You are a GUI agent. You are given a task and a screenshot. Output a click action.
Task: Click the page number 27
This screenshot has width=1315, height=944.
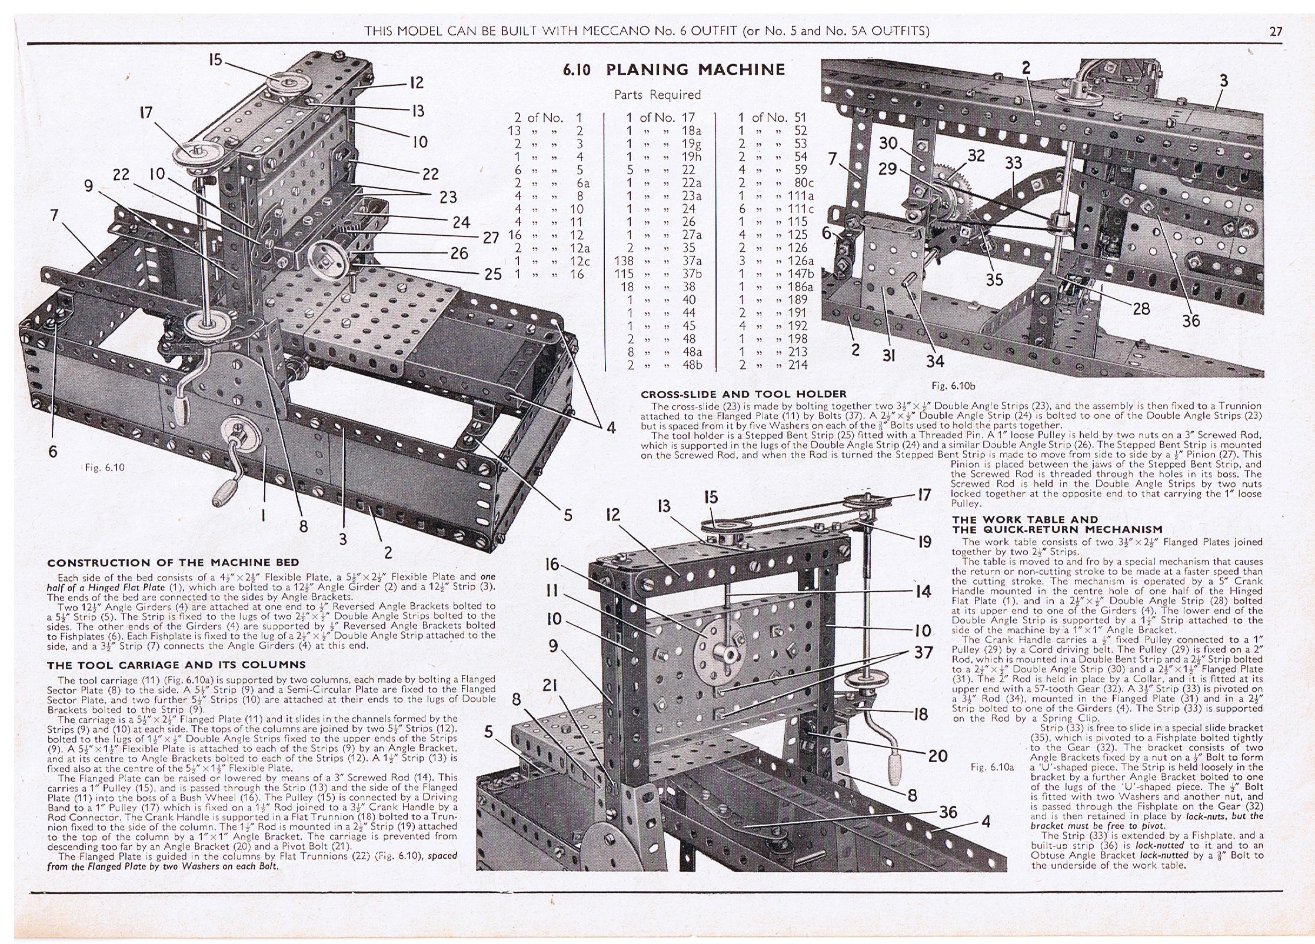(x=1276, y=31)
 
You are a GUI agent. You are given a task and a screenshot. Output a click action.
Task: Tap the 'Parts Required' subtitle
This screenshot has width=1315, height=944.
(x=657, y=95)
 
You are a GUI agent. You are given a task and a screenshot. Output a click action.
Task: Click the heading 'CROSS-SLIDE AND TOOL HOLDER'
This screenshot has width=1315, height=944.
(x=743, y=394)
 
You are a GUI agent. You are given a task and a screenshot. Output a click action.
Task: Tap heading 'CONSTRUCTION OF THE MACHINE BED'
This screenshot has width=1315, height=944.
(x=173, y=563)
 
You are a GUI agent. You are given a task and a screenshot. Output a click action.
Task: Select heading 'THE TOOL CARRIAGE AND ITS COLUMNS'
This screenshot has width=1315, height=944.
(x=177, y=665)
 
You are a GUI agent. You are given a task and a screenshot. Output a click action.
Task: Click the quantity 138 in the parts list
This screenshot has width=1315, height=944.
(x=517, y=261)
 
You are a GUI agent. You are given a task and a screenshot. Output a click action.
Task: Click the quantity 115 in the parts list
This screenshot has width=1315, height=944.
(x=517, y=273)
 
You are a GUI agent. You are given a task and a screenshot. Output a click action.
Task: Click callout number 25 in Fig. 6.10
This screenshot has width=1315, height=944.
(x=493, y=274)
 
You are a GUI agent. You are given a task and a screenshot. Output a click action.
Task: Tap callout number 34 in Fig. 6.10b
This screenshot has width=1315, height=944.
(x=935, y=361)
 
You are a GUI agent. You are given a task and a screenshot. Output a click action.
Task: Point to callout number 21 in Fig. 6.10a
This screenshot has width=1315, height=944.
(x=550, y=685)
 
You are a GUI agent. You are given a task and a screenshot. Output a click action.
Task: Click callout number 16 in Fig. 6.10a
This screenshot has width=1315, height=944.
(x=552, y=565)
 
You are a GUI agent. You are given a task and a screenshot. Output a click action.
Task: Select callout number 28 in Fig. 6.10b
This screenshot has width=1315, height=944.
(x=1141, y=308)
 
